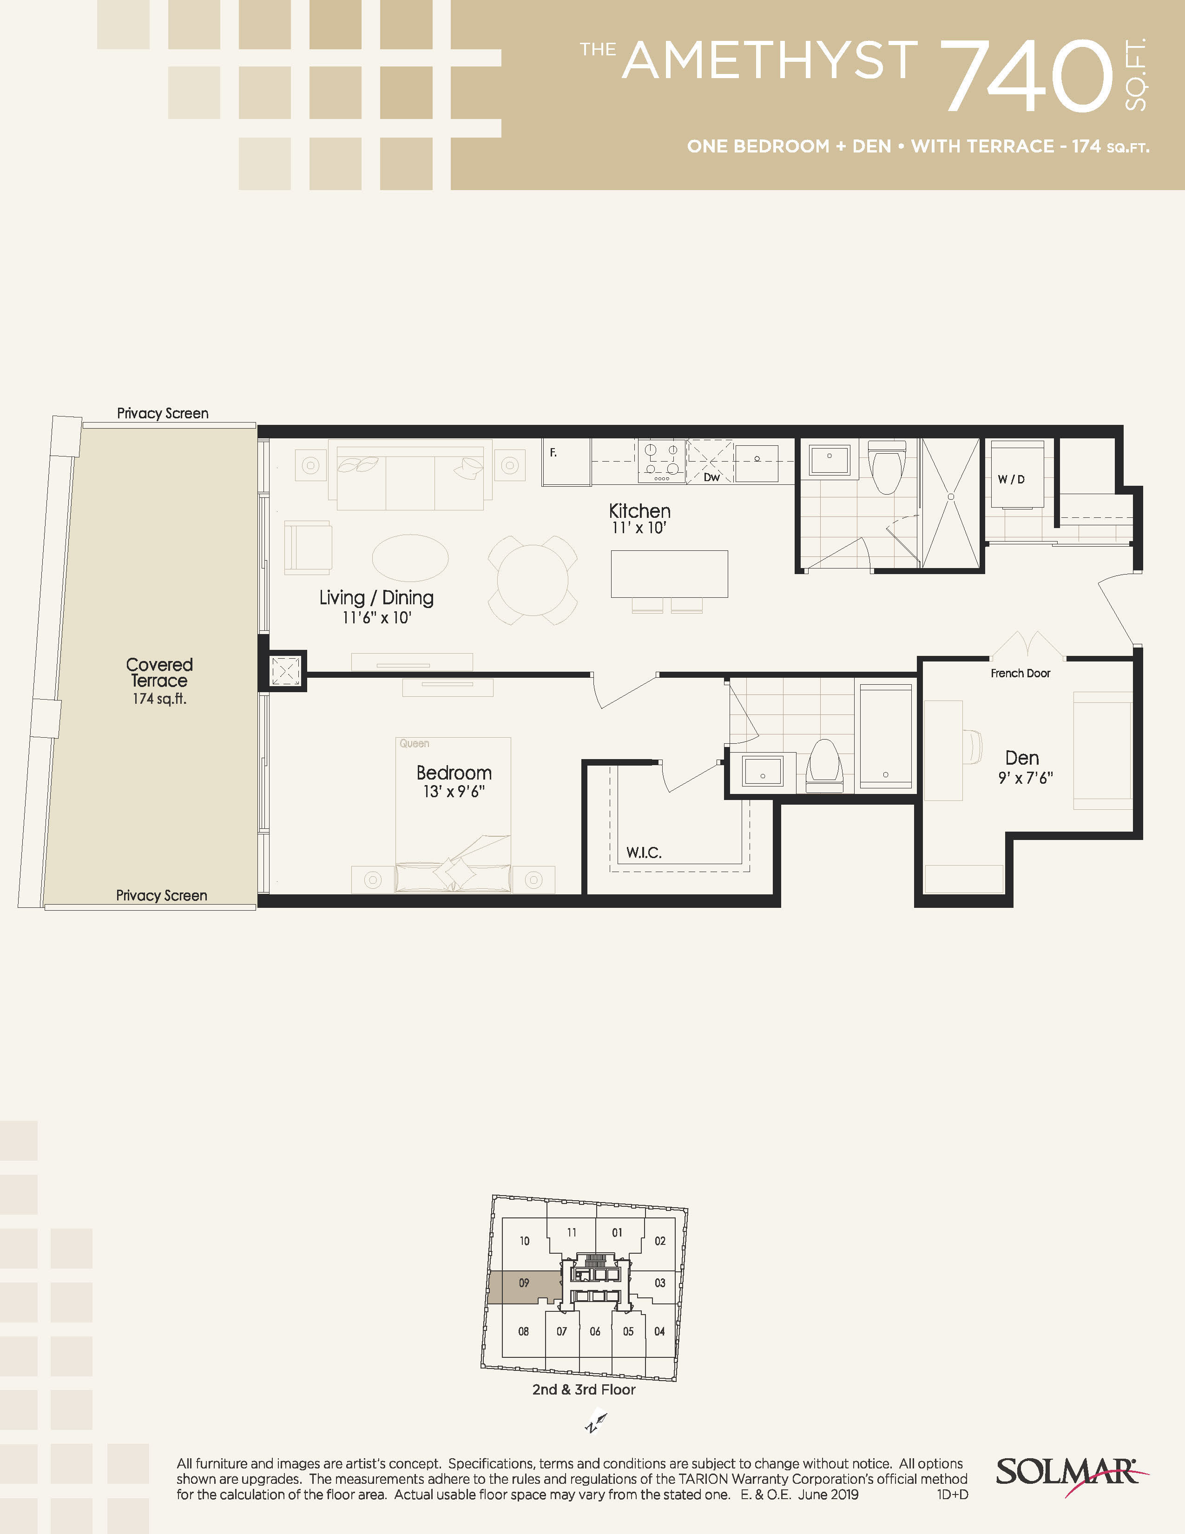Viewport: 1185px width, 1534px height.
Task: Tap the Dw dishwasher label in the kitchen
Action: coord(712,477)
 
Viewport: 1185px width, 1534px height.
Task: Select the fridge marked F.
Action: coord(566,462)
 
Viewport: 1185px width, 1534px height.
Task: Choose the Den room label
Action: coord(1022,758)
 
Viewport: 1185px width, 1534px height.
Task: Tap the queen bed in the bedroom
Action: coord(453,815)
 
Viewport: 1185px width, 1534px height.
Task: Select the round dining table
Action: coord(533,580)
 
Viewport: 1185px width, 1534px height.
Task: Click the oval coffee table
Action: coord(410,558)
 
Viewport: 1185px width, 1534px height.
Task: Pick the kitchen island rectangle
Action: coord(669,574)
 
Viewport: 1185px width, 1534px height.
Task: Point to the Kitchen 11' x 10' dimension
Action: coord(639,528)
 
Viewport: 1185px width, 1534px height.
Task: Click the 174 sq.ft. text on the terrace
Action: coord(159,698)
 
